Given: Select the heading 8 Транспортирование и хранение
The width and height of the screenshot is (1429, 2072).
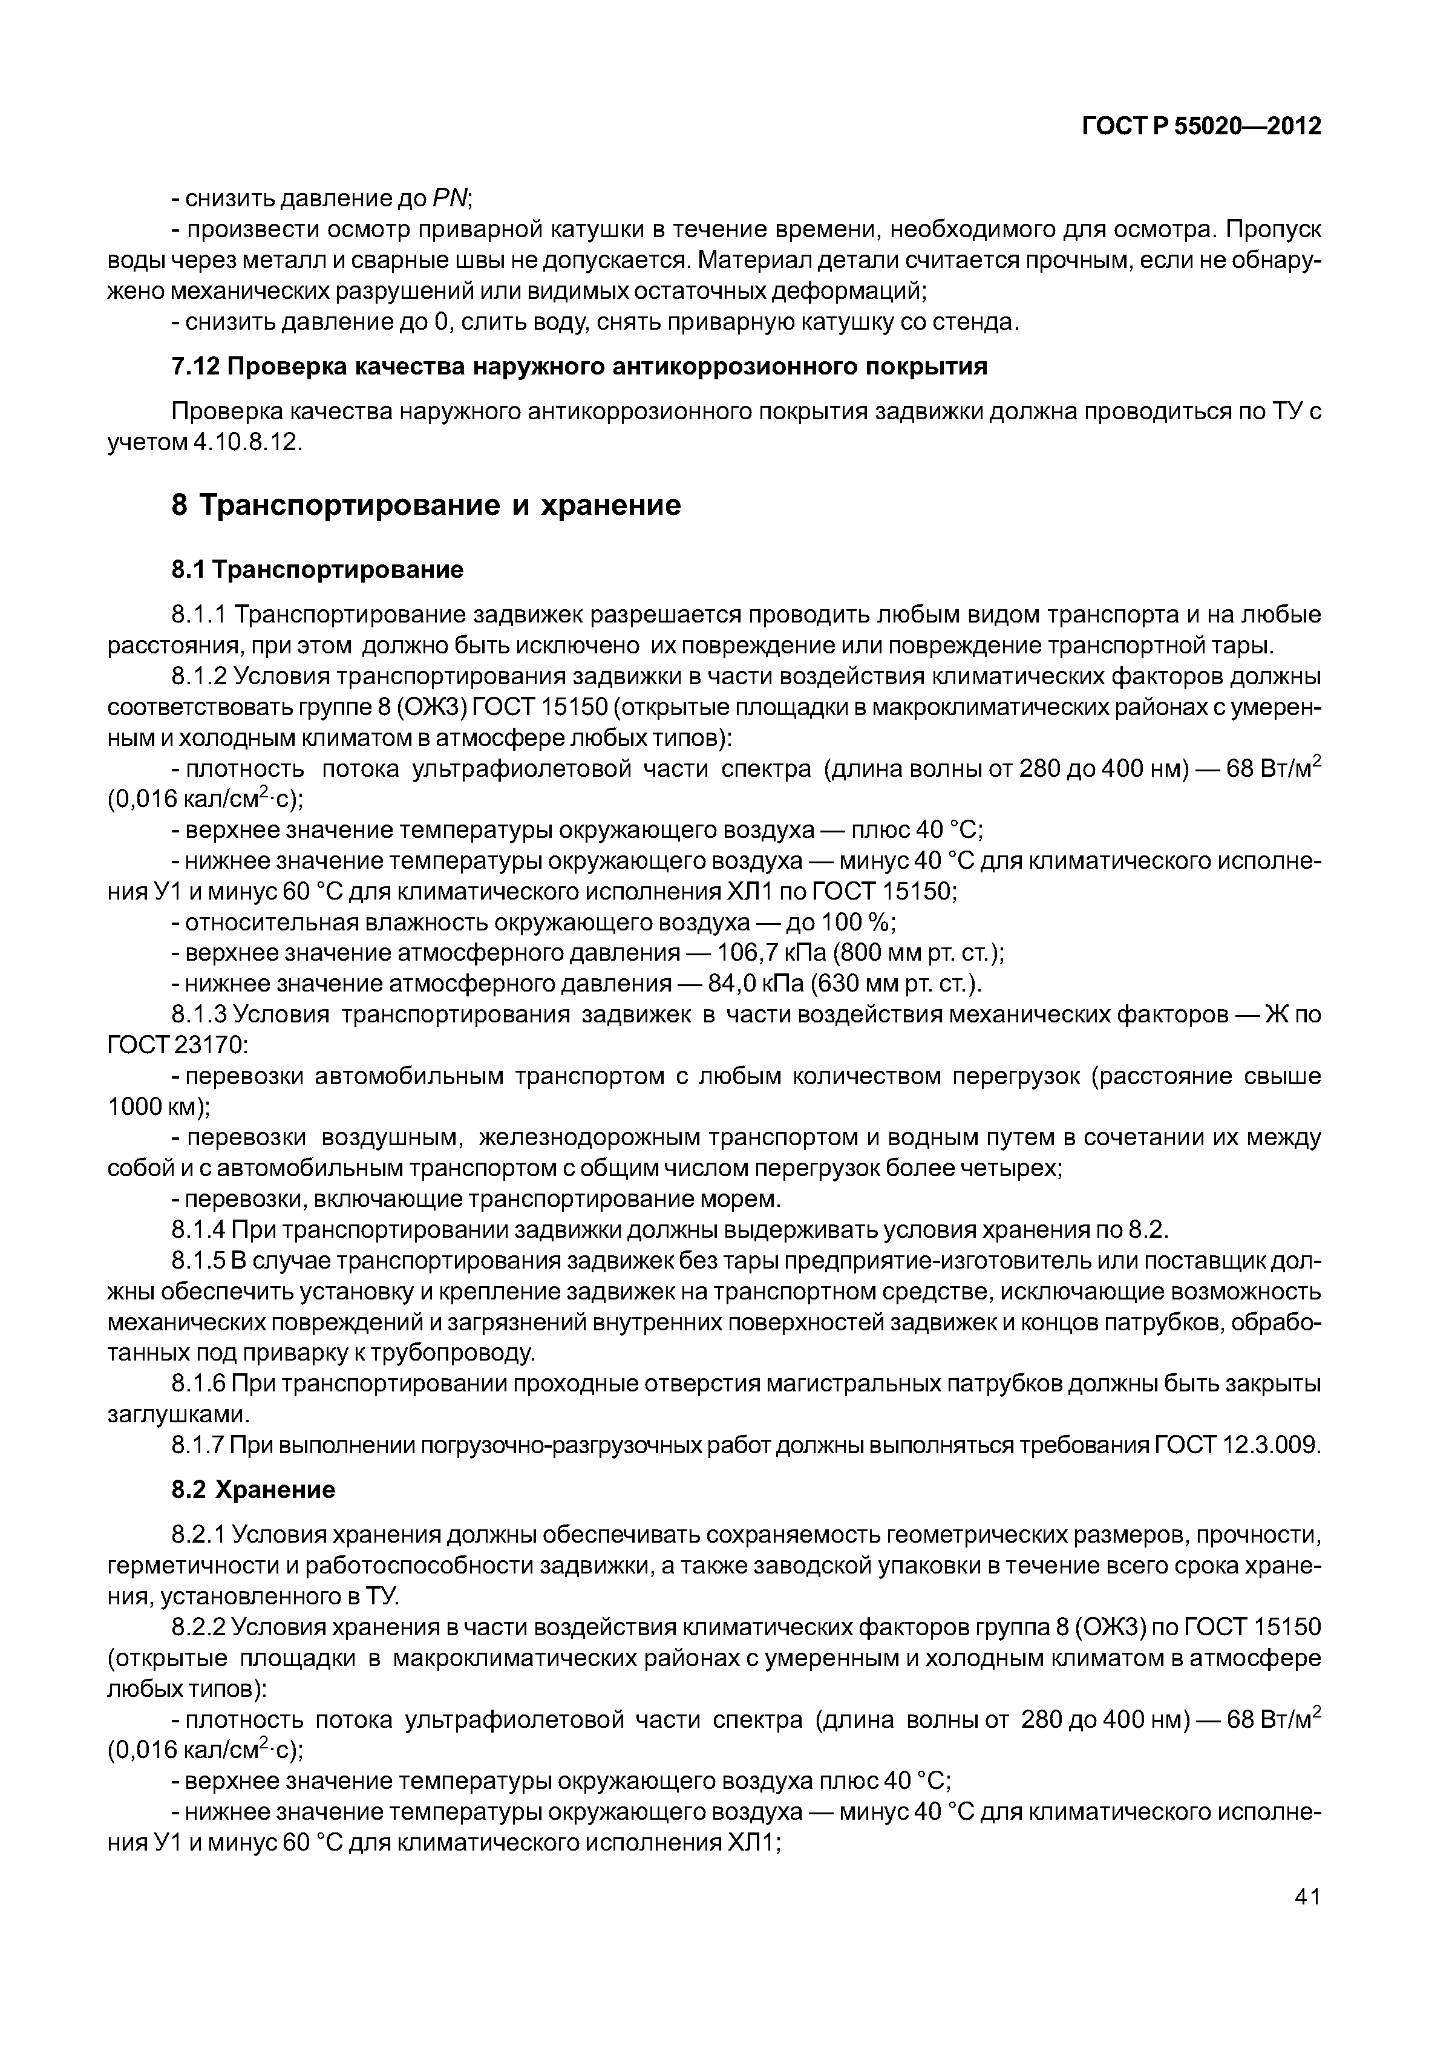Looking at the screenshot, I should pos(425,506).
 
